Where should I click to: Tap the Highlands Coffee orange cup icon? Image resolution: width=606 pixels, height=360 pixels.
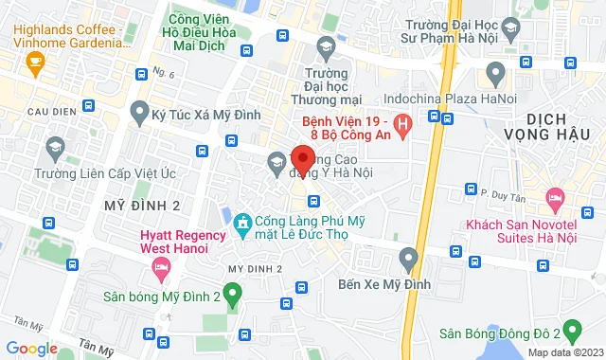pyautogui.click(x=36, y=64)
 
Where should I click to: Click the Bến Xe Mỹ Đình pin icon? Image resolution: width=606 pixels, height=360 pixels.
pyautogui.click(x=408, y=257)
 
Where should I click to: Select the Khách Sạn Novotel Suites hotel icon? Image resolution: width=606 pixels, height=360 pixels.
pyautogui.click(x=554, y=201)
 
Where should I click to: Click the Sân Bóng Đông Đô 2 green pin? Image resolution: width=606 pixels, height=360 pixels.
pyautogui.click(x=571, y=332)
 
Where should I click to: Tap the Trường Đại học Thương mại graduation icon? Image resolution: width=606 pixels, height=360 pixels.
pyautogui.click(x=326, y=46)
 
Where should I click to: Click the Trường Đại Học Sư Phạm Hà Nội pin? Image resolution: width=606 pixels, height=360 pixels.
pyautogui.click(x=493, y=72)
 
